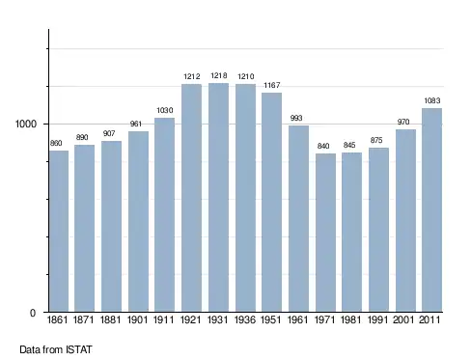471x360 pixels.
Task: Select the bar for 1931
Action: point(218,197)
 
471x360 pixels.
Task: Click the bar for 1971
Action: point(325,233)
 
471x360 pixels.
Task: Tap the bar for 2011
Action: point(431,209)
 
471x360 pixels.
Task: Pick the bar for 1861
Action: point(59,231)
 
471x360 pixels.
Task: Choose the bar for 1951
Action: point(271,202)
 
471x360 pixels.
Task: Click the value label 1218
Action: point(219,75)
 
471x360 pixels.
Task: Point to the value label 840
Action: point(323,146)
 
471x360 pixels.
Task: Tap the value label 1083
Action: point(432,100)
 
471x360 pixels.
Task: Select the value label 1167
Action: point(272,85)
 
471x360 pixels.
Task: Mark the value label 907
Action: point(109,133)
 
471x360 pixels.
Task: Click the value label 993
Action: point(296,118)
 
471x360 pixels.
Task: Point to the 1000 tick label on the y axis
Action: point(26,124)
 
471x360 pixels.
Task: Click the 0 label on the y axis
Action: point(33,313)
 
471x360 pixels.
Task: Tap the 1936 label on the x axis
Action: point(245,319)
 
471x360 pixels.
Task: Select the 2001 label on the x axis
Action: point(403,319)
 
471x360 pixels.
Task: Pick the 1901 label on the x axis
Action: point(137,319)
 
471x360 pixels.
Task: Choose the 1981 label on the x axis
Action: point(350,319)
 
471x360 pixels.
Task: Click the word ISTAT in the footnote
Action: point(79,349)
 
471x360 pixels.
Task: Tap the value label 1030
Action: point(165,110)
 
